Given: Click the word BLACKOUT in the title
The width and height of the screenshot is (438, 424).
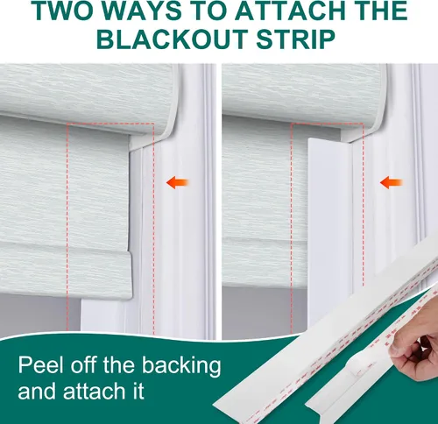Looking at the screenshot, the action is tap(173, 39).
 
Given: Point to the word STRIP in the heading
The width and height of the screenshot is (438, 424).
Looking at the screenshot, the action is tap(295, 39).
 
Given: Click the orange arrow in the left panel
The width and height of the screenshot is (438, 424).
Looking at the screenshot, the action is tap(178, 182).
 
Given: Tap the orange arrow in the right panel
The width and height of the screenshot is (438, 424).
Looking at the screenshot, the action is tap(392, 182).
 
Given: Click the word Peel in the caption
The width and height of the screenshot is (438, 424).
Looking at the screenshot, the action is tap(42, 365).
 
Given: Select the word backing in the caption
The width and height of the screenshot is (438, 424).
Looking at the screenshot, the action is tap(181, 366).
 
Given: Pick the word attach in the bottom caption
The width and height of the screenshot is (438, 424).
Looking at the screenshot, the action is tap(96, 391).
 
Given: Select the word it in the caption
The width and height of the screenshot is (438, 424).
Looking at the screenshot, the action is tap(138, 391).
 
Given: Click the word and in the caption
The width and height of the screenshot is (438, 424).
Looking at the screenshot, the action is tap(39, 391).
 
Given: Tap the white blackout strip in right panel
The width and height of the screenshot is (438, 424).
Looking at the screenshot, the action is tap(330, 234).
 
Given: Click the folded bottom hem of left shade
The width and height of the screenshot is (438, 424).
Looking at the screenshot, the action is tap(66, 270).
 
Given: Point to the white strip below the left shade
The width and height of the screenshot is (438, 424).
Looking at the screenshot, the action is tap(102, 317).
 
